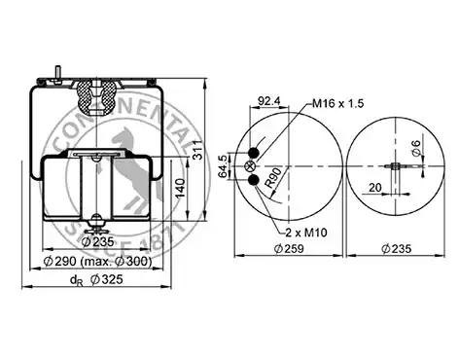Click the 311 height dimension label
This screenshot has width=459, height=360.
pyautogui.click(x=198, y=150)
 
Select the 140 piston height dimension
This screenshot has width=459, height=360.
pyautogui.click(x=180, y=188)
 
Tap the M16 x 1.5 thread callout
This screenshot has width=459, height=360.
pyautogui.click(x=338, y=103)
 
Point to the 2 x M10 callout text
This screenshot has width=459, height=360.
pyautogui.click(x=306, y=233)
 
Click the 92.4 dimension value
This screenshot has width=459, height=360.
pyautogui.click(x=268, y=101)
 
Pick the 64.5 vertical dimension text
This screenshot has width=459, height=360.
pyautogui.click(x=223, y=166)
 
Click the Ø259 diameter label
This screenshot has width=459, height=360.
pyautogui.click(x=289, y=249)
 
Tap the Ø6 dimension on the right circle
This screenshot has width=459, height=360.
pyautogui.click(x=416, y=147)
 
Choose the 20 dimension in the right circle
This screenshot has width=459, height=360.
pyautogui.click(x=375, y=187)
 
